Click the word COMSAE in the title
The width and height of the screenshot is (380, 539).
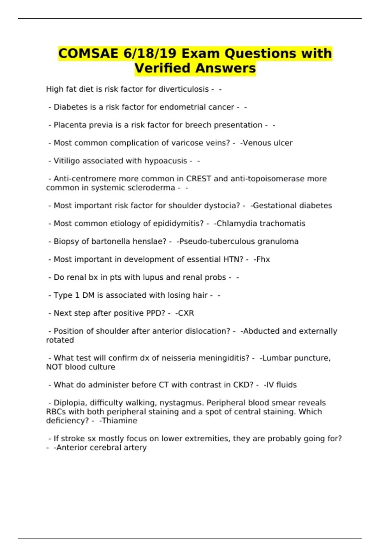[x=88, y=53]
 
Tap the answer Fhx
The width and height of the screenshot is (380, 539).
[x=263, y=259]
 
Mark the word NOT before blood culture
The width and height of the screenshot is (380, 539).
[x=54, y=367]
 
